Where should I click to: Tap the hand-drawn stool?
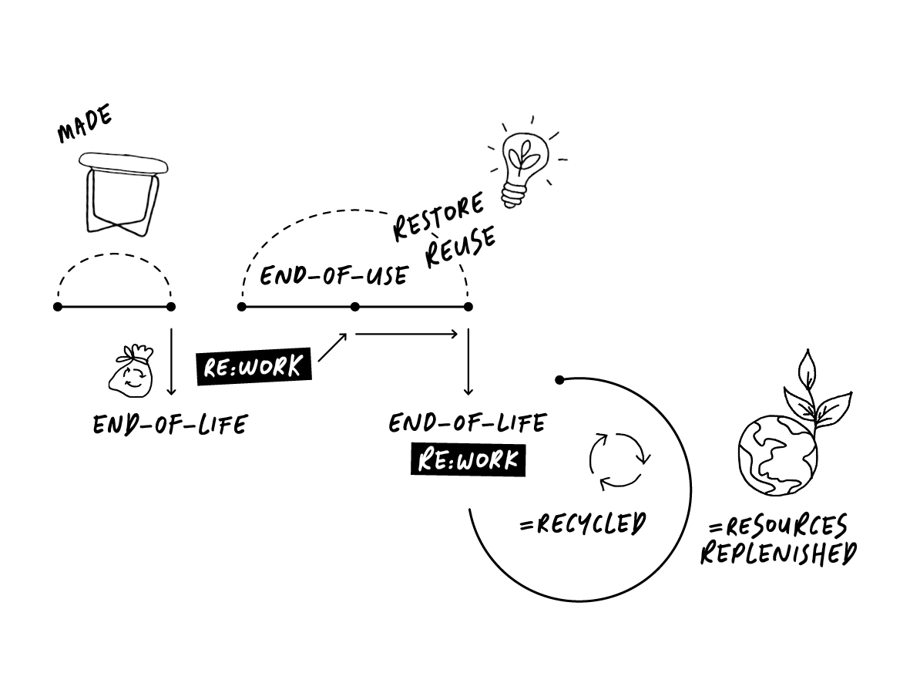(123, 193)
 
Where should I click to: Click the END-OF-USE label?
(333, 275)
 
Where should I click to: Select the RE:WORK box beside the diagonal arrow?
(254, 366)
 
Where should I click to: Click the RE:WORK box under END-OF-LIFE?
(468, 460)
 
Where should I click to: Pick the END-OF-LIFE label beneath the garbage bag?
(170, 424)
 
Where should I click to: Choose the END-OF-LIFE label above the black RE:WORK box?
(468, 422)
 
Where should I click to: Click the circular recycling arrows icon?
(620, 461)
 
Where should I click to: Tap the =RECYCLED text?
(583, 524)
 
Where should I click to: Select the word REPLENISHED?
(778, 553)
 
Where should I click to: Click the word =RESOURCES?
(778, 527)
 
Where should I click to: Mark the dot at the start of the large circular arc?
(560, 379)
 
